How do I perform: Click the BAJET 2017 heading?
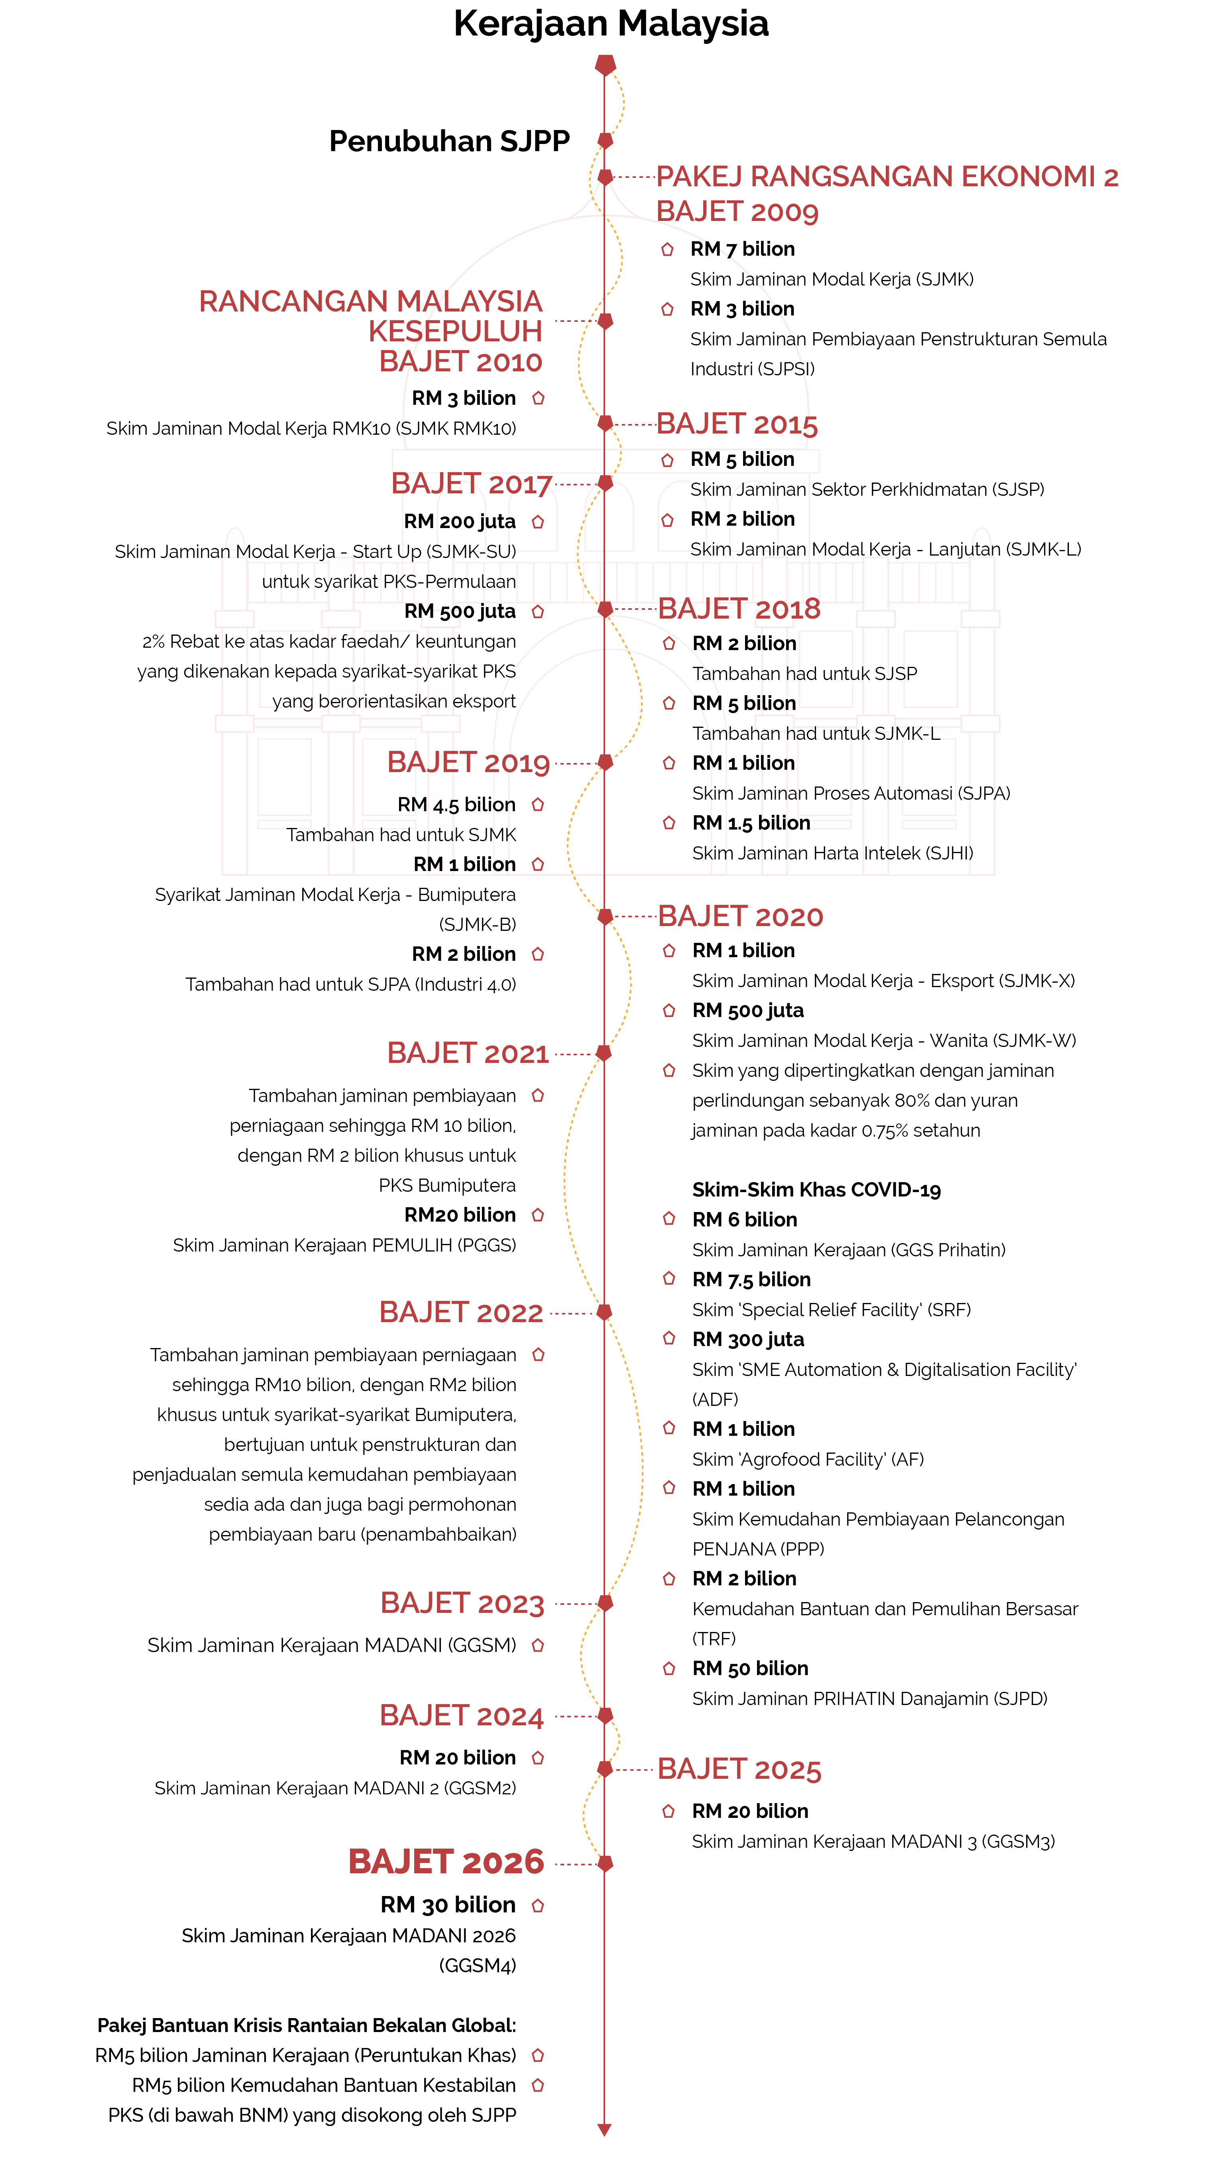pyautogui.click(x=472, y=484)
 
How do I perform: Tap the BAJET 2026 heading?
pyautogui.click(x=446, y=1862)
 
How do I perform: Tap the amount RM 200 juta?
pyautogui.click(x=460, y=522)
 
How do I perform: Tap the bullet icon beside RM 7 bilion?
pyautogui.click(x=667, y=249)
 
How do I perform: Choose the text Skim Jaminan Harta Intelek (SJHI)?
pyautogui.click(x=832, y=853)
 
